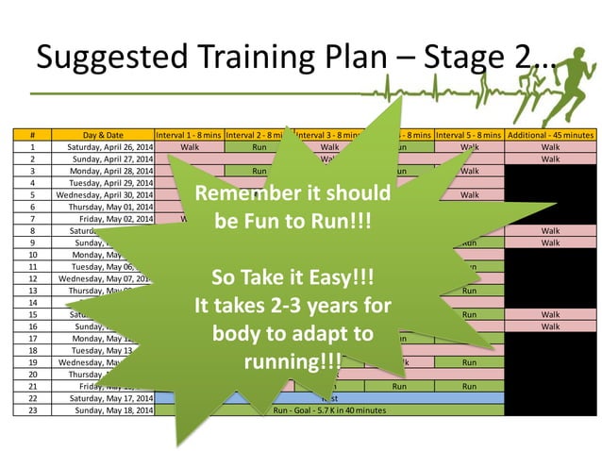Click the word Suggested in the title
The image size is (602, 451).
pyautogui.click(x=101, y=58)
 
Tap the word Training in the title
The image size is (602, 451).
pyautogui.click(x=246, y=58)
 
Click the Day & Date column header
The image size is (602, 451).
pyautogui.click(x=103, y=136)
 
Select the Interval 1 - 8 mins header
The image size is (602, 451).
pyautogui.click(x=189, y=136)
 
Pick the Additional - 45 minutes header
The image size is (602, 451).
pyautogui.click(x=551, y=136)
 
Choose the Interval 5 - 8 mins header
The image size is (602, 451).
pyautogui.click(x=469, y=136)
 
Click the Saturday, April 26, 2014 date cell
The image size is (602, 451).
pyautogui.click(x=105, y=147)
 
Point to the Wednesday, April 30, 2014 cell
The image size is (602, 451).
pyautogui.click(x=105, y=194)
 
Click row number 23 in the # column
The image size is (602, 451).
pyautogui.click(x=32, y=410)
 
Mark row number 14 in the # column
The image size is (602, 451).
pyautogui.click(x=32, y=302)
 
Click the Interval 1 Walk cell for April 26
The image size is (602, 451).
pyautogui.click(x=189, y=147)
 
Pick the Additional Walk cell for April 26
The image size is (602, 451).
pyautogui.click(x=551, y=147)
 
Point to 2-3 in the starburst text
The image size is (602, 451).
pyautogui.click(x=304, y=307)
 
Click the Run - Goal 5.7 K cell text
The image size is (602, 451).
pyautogui.click(x=329, y=410)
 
